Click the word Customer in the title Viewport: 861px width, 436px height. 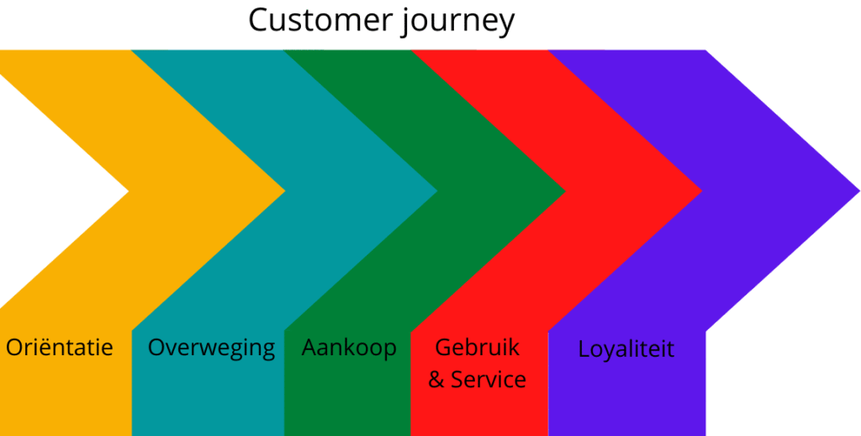(x=312, y=20)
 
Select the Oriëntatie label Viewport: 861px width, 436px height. (x=60, y=347)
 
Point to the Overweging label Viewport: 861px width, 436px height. (x=211, y=348)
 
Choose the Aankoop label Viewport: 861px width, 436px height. (x=349, y=347)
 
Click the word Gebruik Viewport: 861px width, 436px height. (x=478, y=348)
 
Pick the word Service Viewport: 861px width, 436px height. (x=489, y=380)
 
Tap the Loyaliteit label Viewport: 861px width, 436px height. (x=626, y=348)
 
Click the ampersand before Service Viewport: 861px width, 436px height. (x=436, y=380)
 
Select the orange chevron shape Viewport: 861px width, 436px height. (x=168, y=168)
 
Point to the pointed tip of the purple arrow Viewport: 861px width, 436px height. (x=856, y=191)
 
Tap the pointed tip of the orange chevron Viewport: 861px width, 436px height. (x=281, y=191)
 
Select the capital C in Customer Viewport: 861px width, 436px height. (x=259, y=20)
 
